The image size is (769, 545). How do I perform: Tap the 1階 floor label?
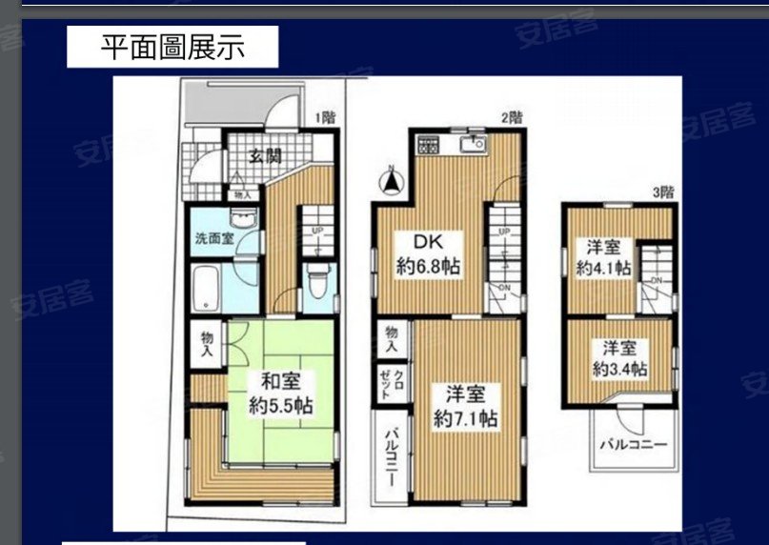point(326,118)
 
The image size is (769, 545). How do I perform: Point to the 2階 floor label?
point(512,118)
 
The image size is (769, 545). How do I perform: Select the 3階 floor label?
point(662,192)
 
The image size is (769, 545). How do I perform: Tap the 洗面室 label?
point(214,238)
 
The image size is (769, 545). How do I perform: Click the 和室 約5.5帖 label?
point(281,394)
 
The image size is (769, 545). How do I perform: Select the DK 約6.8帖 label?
point(429,254)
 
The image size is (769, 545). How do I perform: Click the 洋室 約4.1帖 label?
point(603,256)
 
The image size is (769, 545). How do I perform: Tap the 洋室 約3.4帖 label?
point(619,357)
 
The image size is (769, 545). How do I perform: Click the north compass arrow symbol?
point(390,180)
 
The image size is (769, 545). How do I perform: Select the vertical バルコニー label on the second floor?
point(392,455)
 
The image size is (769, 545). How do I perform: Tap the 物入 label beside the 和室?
point(206,343)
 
